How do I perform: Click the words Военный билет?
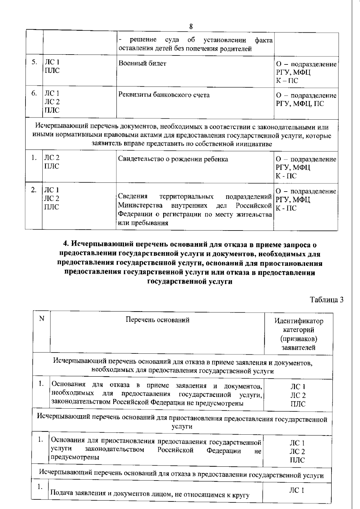click(142, 63)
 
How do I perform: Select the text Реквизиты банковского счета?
click(164, 95)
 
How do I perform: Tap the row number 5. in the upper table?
click(34, 62)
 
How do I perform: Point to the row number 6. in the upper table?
click(34, 93)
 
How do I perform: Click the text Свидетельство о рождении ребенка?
click(173, 159)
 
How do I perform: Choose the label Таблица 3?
click(327, 300)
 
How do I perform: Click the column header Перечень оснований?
click(157, 320)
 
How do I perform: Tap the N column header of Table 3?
click(42, 318)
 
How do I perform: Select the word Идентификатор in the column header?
click(299, 321)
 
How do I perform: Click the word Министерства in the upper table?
click(140, 206)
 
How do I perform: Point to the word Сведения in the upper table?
click(133, 196)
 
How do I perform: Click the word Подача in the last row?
click(61, 493)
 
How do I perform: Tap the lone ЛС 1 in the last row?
click(297, 490)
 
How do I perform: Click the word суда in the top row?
click(172, 40)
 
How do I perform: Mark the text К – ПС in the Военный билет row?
click(287, 81)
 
